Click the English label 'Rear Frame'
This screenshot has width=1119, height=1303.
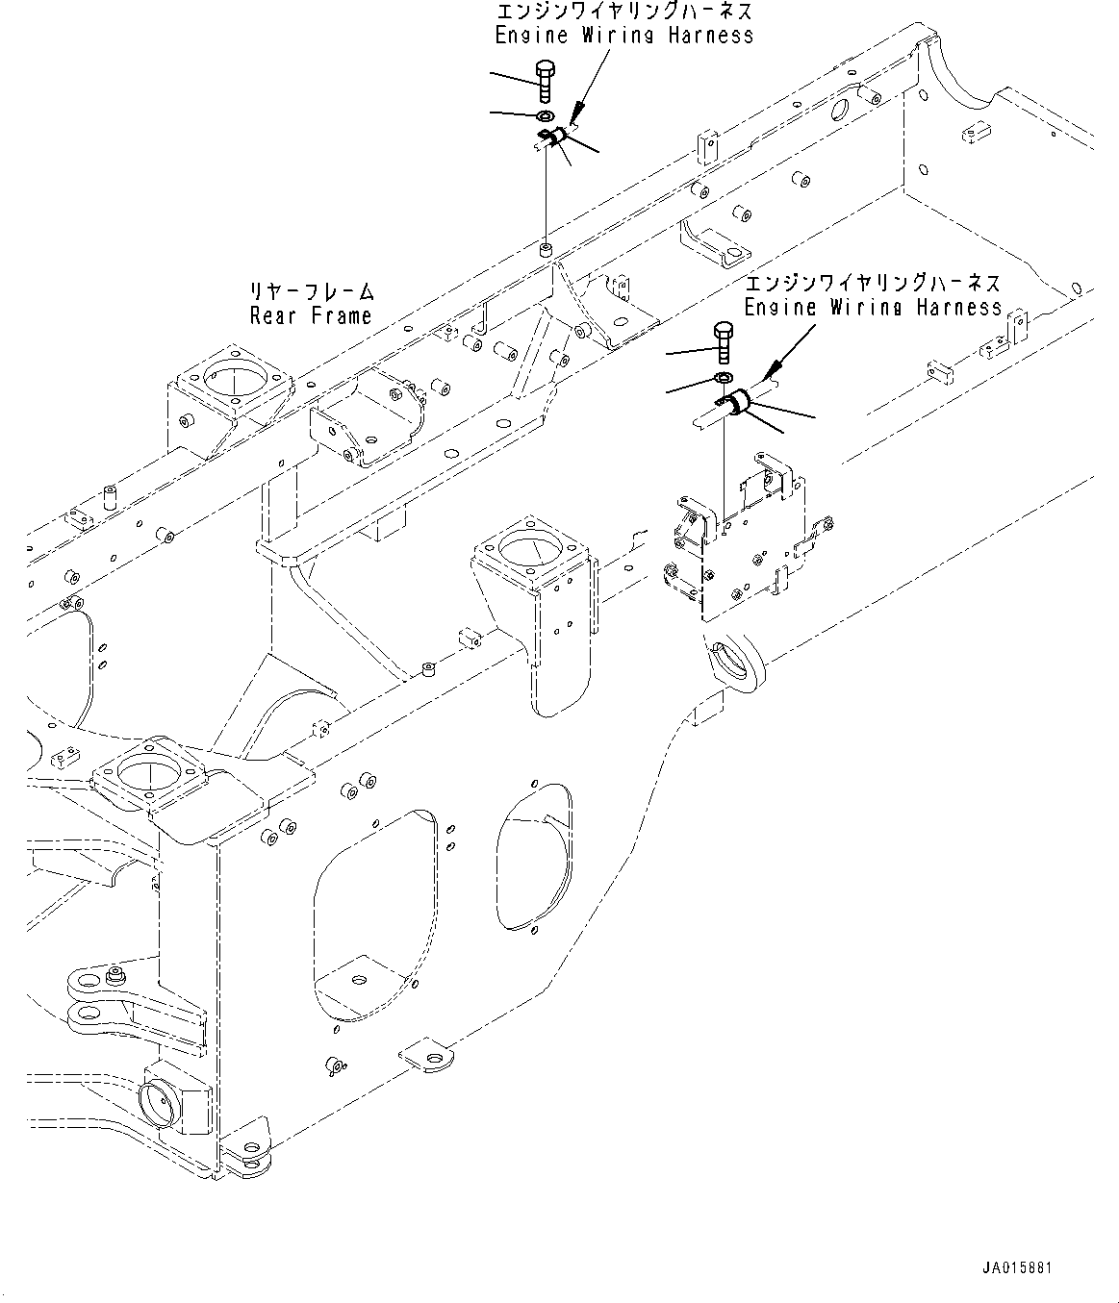[x=310, y=315]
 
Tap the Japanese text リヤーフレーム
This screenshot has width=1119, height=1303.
[x=312, y=291]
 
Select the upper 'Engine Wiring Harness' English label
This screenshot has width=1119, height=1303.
[x=623, y=36]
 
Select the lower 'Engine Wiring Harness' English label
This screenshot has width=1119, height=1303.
[x=873, y=308]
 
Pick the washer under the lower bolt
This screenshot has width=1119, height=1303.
[x=725, y=376]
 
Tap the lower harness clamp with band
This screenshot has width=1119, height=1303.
[x=736, y=404]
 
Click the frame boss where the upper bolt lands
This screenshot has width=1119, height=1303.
[x=546, y=251]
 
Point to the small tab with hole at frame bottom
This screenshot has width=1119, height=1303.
[x=429, y=1057]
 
